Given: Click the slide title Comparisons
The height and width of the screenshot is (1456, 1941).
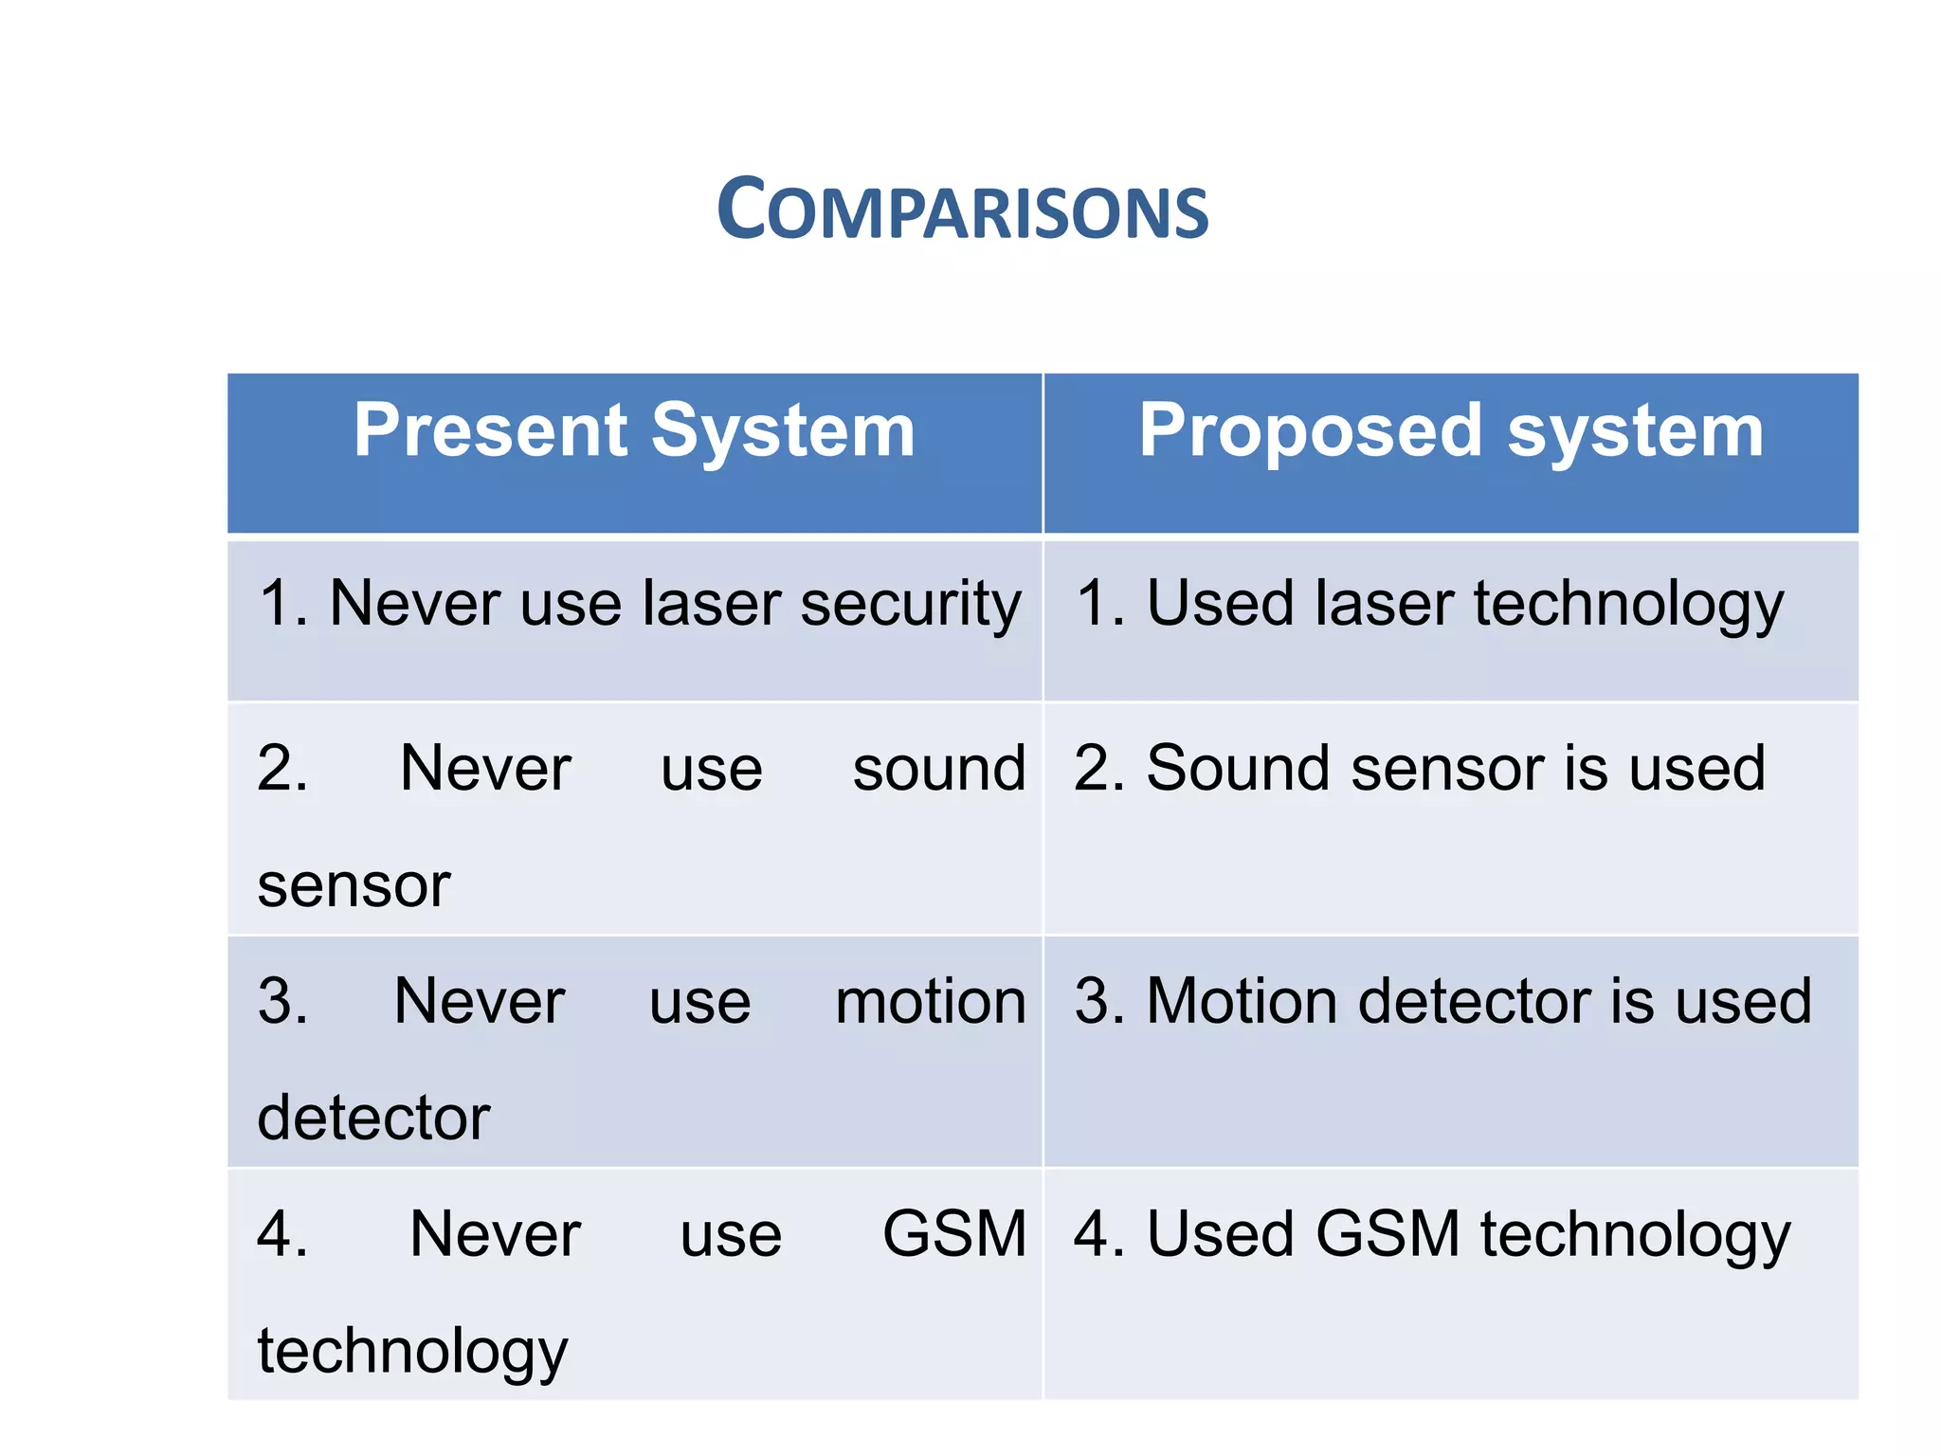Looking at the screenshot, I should coord(962,209).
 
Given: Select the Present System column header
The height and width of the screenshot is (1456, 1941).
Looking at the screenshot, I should coord(634,431).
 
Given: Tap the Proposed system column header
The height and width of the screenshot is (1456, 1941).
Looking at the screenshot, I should coord(1450,431).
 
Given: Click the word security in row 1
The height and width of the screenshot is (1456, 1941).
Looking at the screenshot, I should coord(910,604).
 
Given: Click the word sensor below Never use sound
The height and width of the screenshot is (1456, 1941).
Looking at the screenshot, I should coord(354,885).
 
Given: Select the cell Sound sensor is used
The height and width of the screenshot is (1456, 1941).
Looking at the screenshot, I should coord(1420,768).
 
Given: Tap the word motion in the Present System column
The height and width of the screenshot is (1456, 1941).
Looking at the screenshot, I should coord(930,1002).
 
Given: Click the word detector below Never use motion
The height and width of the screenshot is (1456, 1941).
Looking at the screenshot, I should coord(373,1118).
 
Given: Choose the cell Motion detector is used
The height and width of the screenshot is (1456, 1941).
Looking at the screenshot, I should coord(1442,1002).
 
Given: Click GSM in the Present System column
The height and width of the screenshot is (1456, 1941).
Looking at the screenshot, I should coord(954,1234).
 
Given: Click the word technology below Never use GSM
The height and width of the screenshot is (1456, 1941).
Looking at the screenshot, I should coord(412,1352).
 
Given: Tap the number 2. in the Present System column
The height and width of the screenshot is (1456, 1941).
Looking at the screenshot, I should coord(282,768).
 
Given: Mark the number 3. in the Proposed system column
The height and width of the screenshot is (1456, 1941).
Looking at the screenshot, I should coord(1099,1002).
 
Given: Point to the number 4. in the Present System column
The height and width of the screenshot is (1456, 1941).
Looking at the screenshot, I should coord(282,1234).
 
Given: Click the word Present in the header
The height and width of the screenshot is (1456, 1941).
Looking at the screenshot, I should coord(492,431).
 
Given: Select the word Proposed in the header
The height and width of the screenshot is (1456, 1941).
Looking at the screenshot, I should coord(1310,431).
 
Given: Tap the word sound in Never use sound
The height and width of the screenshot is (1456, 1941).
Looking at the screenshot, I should coord(938,768).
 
